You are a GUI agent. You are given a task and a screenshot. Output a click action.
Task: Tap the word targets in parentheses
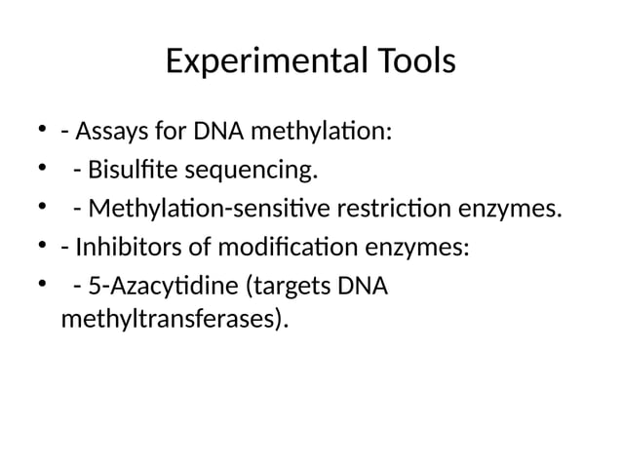289,289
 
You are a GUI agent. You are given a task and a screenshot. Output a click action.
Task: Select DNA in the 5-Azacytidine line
361,289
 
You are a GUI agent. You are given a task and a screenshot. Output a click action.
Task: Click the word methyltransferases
174,319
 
